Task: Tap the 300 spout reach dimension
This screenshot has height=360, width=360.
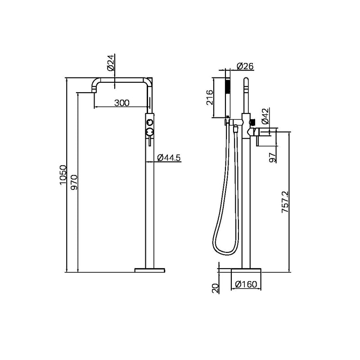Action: (x=121, y=103)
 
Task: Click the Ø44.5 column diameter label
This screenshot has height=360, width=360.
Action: (x=169, y=157)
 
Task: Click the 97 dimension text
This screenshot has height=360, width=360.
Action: (x=271, y=157)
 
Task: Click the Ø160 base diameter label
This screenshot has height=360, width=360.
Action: (x=247, y=284)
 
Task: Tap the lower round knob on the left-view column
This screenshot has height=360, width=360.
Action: (x=149, y=131)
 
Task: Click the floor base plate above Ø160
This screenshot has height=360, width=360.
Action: (x=246, y=270)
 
